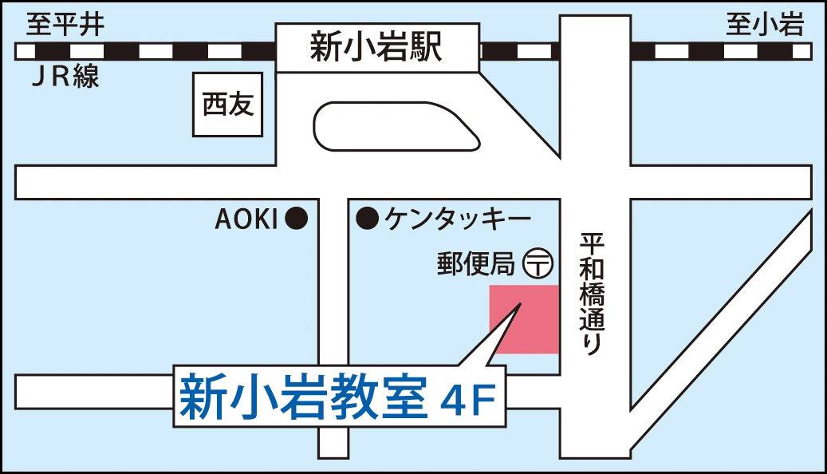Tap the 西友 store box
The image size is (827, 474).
coord(228,105)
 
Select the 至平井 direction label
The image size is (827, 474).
coord(65,26)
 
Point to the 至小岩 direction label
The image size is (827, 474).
coord(763,26)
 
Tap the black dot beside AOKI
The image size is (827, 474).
coord(297,218)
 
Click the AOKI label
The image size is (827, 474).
coord(246,219)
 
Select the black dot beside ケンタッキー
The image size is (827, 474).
coord(367,217)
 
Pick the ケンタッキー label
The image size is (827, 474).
coord(457,217)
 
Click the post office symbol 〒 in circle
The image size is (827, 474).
coord(538,262)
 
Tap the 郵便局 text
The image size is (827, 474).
coord(475,263)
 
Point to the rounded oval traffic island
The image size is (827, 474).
coord(397,125)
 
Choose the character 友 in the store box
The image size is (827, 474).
coord(241,105)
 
